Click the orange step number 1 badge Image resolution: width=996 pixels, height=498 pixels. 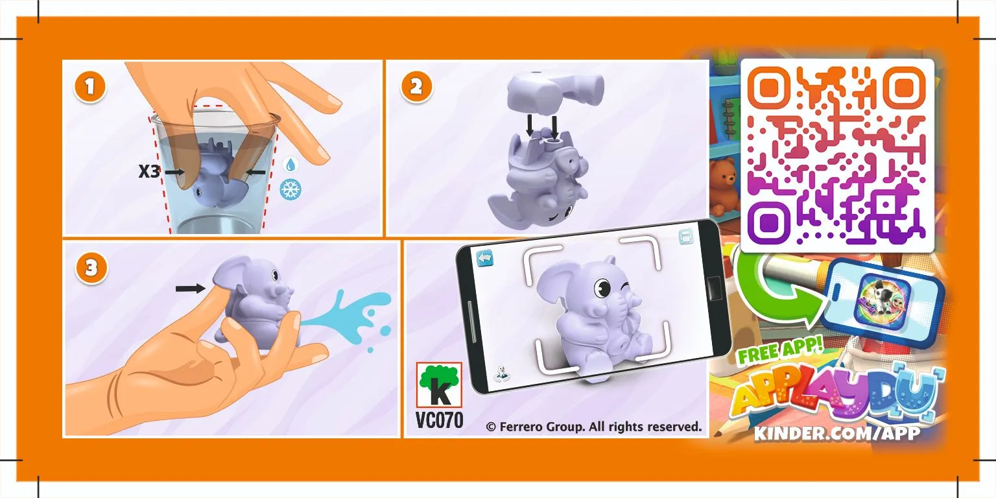click(x=90, y=87)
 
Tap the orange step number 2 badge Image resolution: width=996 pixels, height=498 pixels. click(x=416, y=87)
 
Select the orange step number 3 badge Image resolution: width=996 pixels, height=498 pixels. click(x=91, y=268)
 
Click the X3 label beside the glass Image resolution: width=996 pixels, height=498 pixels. click(x=149, y=171)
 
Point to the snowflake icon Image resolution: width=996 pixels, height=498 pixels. click(x=290, y=189)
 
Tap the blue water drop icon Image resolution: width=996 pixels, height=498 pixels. click(x=290, y=165)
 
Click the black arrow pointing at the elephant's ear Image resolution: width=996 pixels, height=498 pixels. click(x=190, y=289)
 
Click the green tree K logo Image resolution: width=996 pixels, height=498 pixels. click(x=439, y=385)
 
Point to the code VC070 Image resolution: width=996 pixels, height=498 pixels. click(x=439, y=420)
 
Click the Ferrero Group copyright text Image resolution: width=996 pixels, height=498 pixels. click(x=593, y=427)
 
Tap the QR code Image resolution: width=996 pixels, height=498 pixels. click(x=837, y=155)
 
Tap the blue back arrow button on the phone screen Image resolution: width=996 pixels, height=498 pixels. click(x=484, y=258)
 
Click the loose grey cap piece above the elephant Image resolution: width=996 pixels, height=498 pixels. click(x=556, y=91)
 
